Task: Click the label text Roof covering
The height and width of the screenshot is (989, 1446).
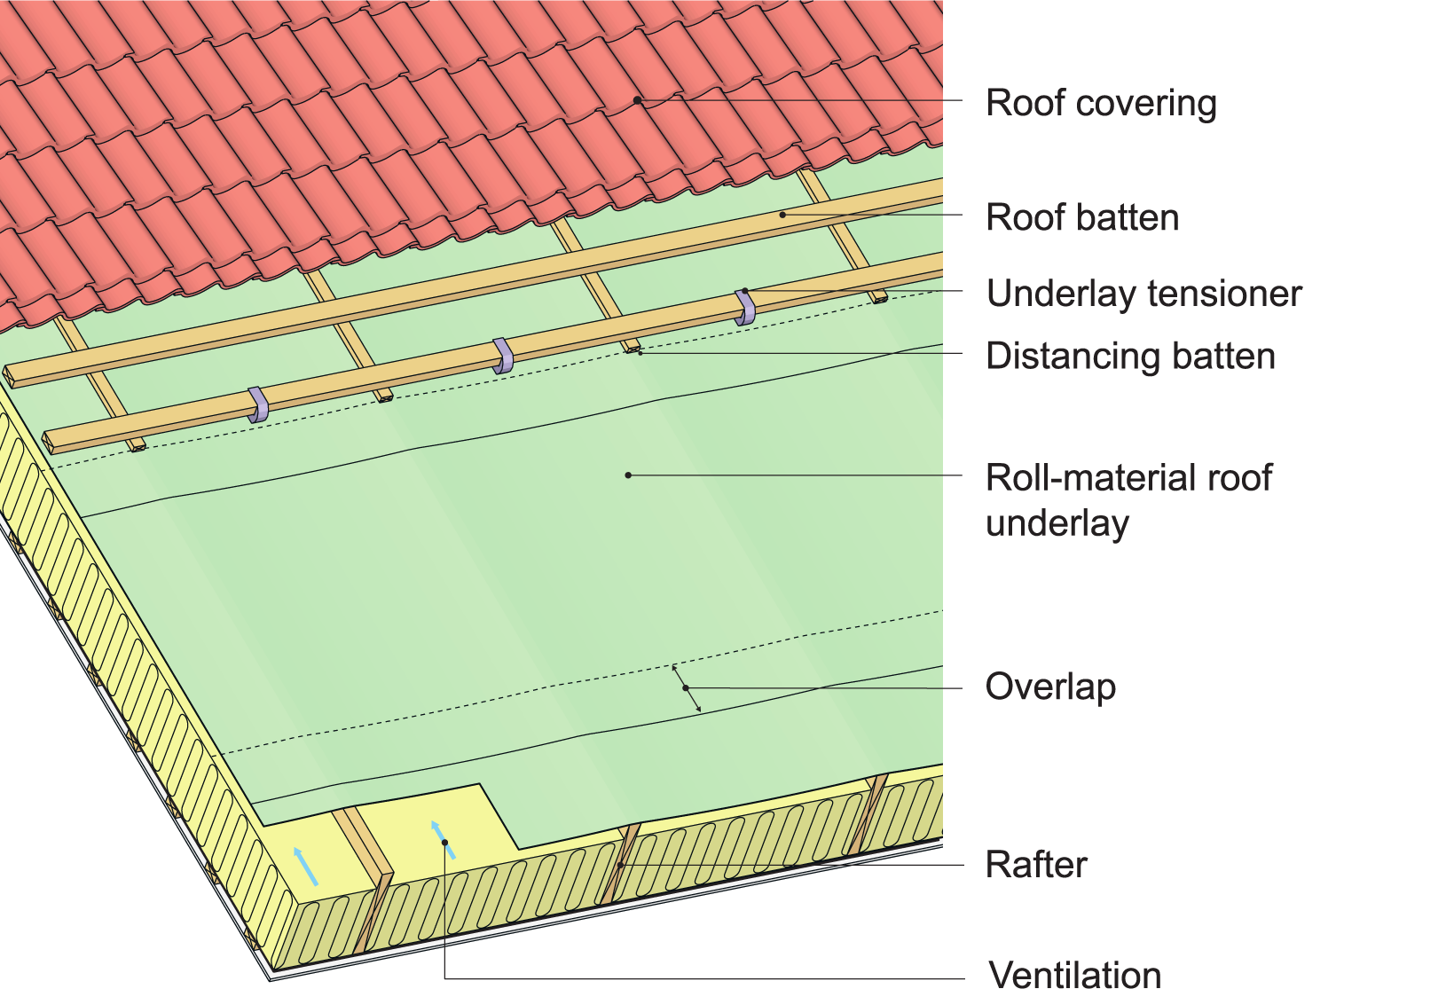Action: [1101, 104]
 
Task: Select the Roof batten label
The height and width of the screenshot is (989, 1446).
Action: [1082, 218]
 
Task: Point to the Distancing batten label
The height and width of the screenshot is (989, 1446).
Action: [1130, 357]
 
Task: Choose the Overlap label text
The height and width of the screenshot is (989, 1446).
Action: [1050, 687]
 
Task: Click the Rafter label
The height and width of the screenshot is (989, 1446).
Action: [1036, 865]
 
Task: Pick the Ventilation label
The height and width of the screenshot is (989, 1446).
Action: [1075, 974]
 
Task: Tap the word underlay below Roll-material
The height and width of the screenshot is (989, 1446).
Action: [1057, 523]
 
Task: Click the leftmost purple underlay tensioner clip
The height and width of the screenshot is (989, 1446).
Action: [258, 404]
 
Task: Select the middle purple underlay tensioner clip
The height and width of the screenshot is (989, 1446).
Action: [503, 356]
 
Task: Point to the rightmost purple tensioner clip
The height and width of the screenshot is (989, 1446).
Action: [746, 307]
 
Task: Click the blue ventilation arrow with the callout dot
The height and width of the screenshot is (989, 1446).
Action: [443, 839]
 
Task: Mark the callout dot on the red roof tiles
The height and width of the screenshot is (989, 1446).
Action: [637, 100]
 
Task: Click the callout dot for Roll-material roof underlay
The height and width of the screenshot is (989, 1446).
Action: [628, 475]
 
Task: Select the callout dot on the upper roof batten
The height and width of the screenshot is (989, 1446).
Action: [782, 215]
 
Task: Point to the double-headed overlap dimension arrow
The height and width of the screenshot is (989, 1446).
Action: [686, 687]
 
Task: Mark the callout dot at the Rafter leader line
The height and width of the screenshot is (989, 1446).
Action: [621, 865]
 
